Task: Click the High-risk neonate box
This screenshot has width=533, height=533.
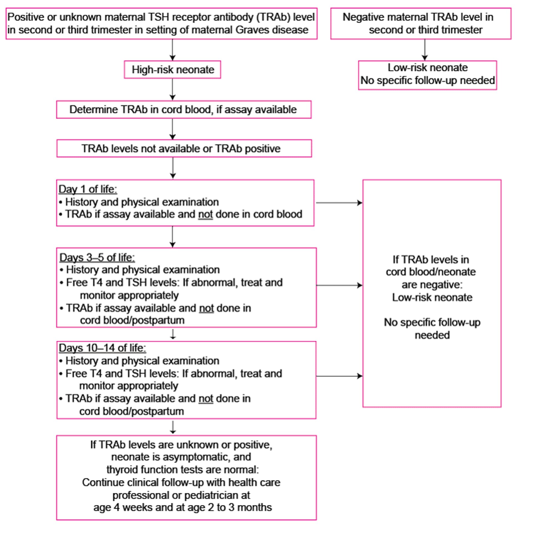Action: coord(172,69)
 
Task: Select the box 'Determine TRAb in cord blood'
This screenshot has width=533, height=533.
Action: coord(184,109)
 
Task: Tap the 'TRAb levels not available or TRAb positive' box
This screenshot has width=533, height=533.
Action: coord(184,148)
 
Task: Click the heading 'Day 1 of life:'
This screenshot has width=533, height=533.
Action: coord(88,189)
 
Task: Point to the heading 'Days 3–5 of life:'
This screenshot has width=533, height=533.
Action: coord(97,257)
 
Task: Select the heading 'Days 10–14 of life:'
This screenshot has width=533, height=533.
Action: coord(102,348)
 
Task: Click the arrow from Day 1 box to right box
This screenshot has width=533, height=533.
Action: coord(339,203)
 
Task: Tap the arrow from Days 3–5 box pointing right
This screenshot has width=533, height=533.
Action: coord(339,285)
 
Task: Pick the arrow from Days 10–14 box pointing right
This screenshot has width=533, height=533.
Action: coord(339,376)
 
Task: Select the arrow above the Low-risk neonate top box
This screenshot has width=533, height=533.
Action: coord(425,50)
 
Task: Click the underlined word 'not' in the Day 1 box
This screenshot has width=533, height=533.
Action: coord(205,214)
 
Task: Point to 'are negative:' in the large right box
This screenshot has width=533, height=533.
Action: coord(432,285)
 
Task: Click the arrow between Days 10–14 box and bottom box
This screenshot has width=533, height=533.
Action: coord(173,427)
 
